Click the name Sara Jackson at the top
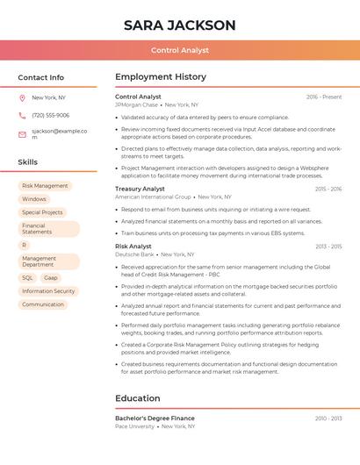180,25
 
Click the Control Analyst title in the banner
180,51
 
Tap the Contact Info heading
41,77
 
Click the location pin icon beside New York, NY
22,98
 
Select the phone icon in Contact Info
22,116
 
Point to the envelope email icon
22,134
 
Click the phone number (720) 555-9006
50,116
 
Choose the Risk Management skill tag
45,186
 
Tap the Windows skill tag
34,199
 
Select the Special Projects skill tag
42,212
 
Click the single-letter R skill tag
25,246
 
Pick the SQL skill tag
27,278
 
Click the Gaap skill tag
50,278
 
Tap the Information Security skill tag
48,291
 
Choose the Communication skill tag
43,304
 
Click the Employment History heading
161,77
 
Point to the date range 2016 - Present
324,97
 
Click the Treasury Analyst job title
140,189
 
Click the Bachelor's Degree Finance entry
155,418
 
